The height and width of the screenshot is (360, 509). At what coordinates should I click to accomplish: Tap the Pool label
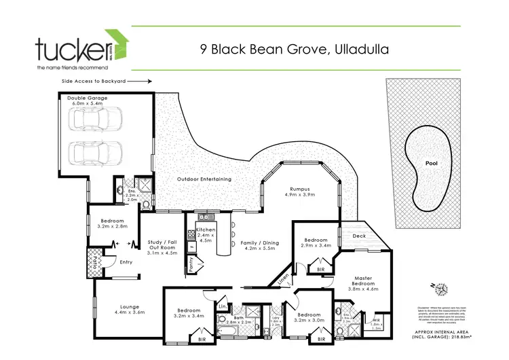pos(431,164)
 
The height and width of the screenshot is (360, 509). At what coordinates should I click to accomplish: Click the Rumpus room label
pos(299,190)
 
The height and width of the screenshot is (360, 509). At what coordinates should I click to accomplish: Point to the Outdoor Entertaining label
pos(204,179)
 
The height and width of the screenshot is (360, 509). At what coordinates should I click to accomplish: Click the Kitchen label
pos(205,230)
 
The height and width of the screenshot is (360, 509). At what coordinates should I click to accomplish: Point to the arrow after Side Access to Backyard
pos(139,80)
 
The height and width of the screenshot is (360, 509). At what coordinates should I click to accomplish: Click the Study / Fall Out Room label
pos(162,245)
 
